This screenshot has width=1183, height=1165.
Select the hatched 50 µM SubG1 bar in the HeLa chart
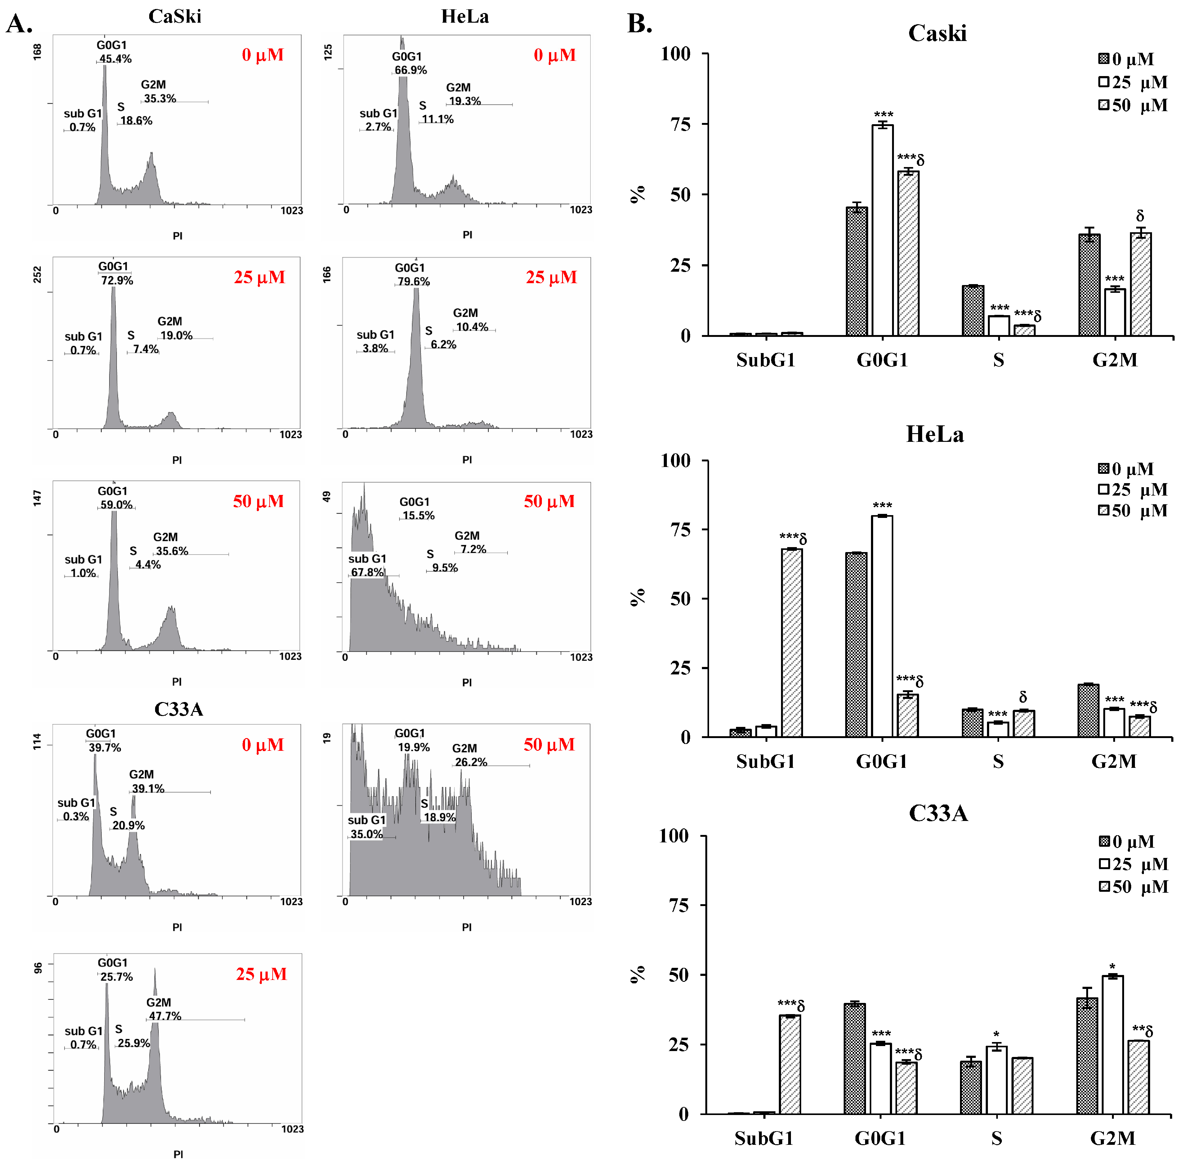pyautogui.click(x=792, y=642)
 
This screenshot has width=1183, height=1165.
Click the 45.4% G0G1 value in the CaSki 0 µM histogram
pyautogui.click(x=116, y=59)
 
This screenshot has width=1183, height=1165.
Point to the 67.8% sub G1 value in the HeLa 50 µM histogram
pyautogui.click(x=367, y=572)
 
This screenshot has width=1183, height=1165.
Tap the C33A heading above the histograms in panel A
pyautogui.click(x=178, y=709)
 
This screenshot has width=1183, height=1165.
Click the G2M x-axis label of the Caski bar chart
pyautogui.click(x=1114, y=360)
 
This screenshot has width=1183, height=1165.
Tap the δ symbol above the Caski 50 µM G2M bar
pyautogui.click(x=1140, y=216)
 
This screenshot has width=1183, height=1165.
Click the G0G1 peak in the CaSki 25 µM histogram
pyautogui.click(x=113, y=355)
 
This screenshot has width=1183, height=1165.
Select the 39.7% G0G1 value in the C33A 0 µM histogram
pyautogui.click(x=105, y=748)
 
